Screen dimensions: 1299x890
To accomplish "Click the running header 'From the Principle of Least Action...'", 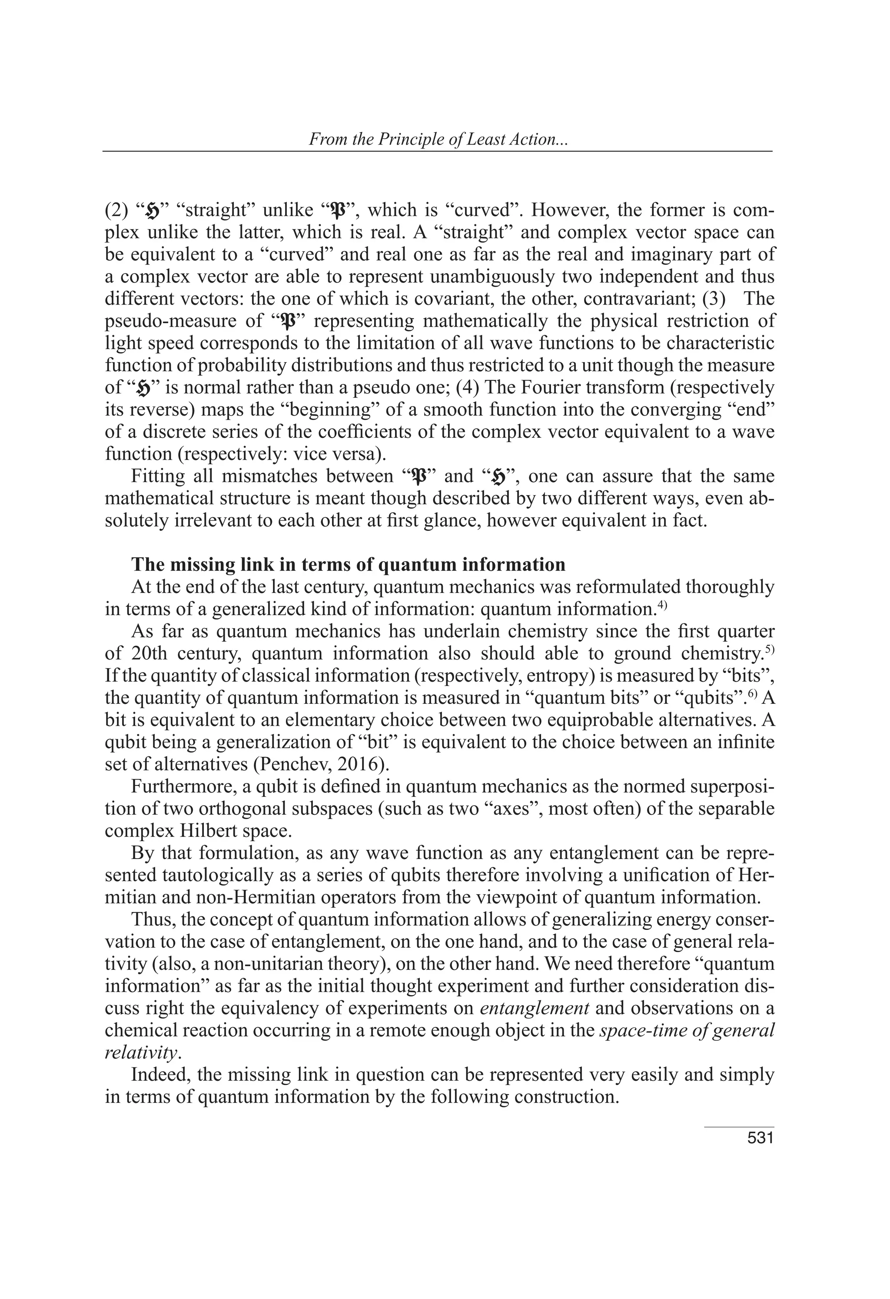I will [438, 139].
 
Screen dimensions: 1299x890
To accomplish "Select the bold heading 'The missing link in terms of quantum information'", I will [348, 565].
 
